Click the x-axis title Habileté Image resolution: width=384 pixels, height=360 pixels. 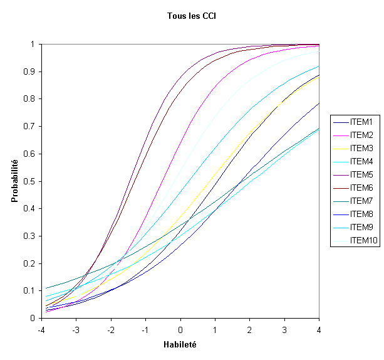[x=180, y=344]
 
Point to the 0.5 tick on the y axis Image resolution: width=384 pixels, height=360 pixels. [x=31, y=181]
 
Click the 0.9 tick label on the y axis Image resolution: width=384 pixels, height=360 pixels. [x=31, y=71]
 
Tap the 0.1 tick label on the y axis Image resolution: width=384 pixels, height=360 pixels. [x=31, y=290]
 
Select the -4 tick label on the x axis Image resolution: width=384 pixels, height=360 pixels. [x=41, y=329]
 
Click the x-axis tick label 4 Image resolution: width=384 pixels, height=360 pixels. [x=319, y=329]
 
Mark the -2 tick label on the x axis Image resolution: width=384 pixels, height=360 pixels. [x=110, y=329]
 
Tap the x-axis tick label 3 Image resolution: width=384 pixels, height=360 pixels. [x=284, y=329]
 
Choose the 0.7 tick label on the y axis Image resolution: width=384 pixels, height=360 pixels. [x=31, y=126]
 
